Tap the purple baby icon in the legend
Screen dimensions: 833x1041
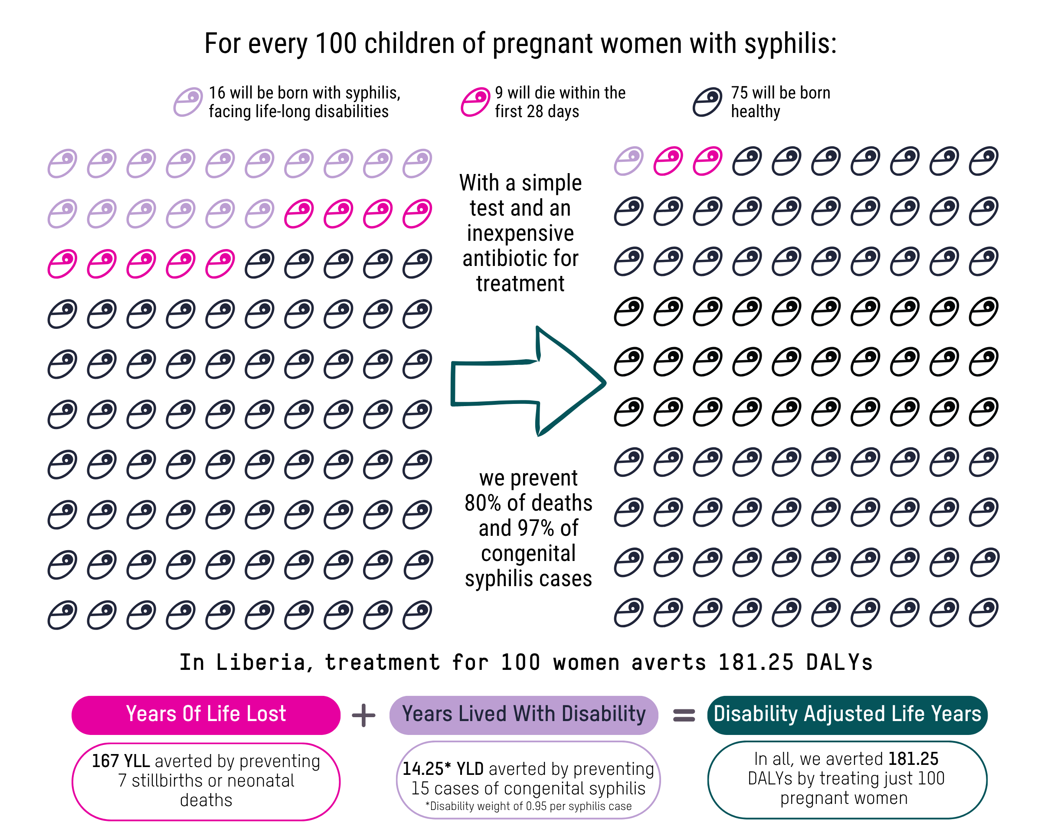pyautogui.click(x=188, y=102)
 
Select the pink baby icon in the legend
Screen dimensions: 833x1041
pyautogui.click(x=475, y=102)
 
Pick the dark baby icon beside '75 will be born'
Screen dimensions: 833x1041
pyautogui.click(x=707, y=102)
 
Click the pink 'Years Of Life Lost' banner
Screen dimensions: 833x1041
pyautogui.click(x=206, y=715)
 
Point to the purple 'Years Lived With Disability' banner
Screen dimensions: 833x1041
pyautogui.click(x=524, y=715)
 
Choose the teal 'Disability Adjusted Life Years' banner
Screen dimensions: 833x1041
pyautogui.click(x=847, y=715)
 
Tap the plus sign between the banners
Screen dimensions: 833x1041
pyautogui.click(x=363, y=715)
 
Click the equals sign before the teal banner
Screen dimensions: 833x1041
pyautogui.click(x=684, y=715)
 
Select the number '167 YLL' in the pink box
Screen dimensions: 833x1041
pyautogui.click(x=121, y=761)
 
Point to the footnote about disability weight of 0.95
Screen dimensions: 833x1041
pyautogui.click(x=528, y=807)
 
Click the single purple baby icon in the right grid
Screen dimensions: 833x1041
pyautogui.click(x=629, y=161)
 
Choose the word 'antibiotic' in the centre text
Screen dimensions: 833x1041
pyautogui.click(x=520, y=258)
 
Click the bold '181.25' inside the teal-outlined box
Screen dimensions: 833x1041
pyautogui.click(x=913, y=759)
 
